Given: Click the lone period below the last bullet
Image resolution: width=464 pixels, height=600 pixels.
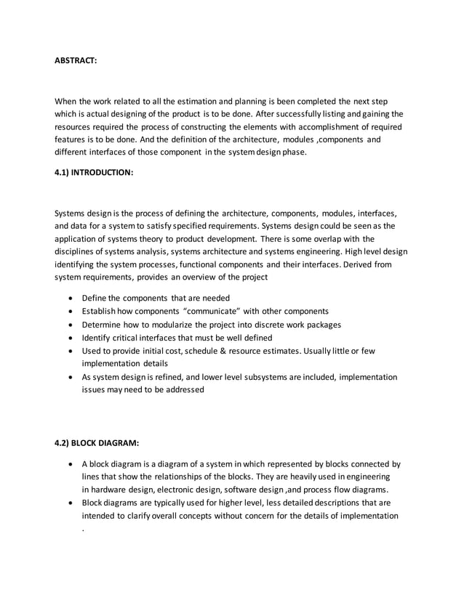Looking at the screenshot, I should (x=83, y=530).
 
